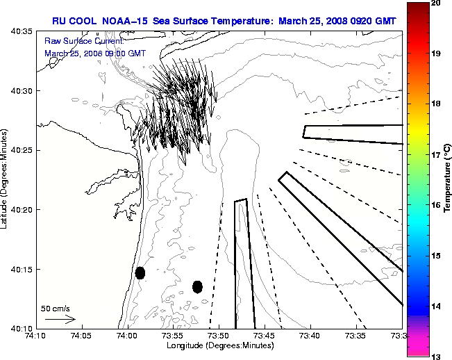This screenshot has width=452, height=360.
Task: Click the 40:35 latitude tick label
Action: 23,32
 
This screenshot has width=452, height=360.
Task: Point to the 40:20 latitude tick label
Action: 23,210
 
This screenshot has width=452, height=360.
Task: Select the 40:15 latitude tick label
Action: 23,270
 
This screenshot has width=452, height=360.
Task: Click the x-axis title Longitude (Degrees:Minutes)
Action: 219,345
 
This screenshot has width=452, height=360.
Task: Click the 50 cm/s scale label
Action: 55,308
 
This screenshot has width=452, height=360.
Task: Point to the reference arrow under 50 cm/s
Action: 60,320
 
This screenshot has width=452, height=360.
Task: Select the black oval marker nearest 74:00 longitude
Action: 140,272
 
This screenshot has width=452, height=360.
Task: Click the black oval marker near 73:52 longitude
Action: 197,286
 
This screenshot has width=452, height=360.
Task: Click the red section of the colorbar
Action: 417,35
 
